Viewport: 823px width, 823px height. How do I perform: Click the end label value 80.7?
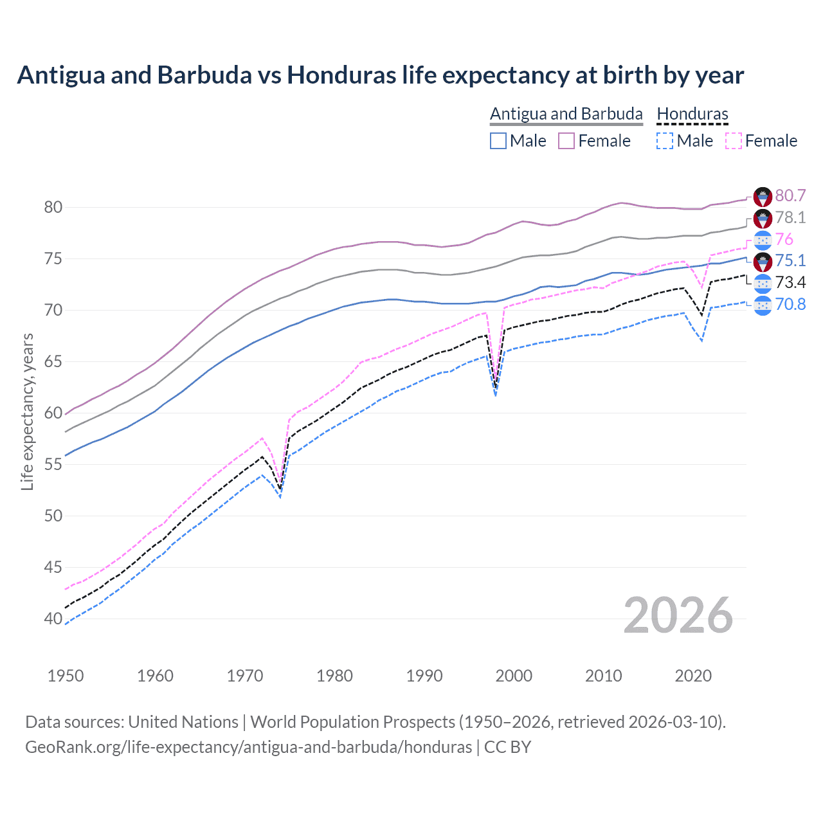790,195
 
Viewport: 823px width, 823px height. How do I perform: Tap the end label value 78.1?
790,217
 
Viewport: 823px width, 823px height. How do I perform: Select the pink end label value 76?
784,239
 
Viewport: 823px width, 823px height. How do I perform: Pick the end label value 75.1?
790,260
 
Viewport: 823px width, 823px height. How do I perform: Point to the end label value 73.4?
790,282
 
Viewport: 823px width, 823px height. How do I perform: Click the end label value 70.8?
790,304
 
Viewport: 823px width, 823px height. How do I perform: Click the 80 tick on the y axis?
53,207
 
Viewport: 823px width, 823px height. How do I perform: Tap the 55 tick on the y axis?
53,464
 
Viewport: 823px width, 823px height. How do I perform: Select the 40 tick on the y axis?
53,619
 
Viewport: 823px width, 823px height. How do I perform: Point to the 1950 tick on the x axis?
66,676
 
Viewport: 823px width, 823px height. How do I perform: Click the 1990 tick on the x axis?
424,676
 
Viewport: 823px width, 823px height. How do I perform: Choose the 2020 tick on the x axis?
693,676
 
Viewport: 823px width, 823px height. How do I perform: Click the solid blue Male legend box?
498,141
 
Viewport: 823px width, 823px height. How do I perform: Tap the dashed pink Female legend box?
734,141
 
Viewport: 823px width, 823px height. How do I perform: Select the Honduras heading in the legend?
692,114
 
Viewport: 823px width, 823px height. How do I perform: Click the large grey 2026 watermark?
678,615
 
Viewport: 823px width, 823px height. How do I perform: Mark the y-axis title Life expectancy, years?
27,412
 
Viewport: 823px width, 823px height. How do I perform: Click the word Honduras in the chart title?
341,75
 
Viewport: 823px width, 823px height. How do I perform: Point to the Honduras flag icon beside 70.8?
763,305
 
